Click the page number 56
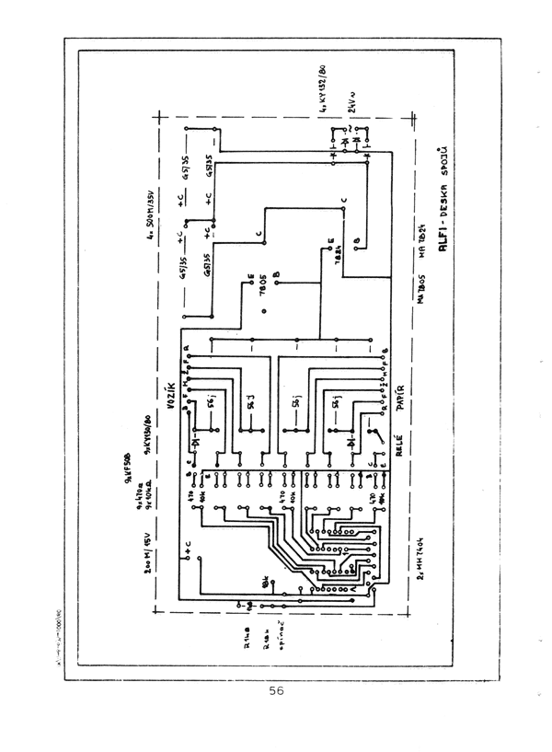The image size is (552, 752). [276, 692]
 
